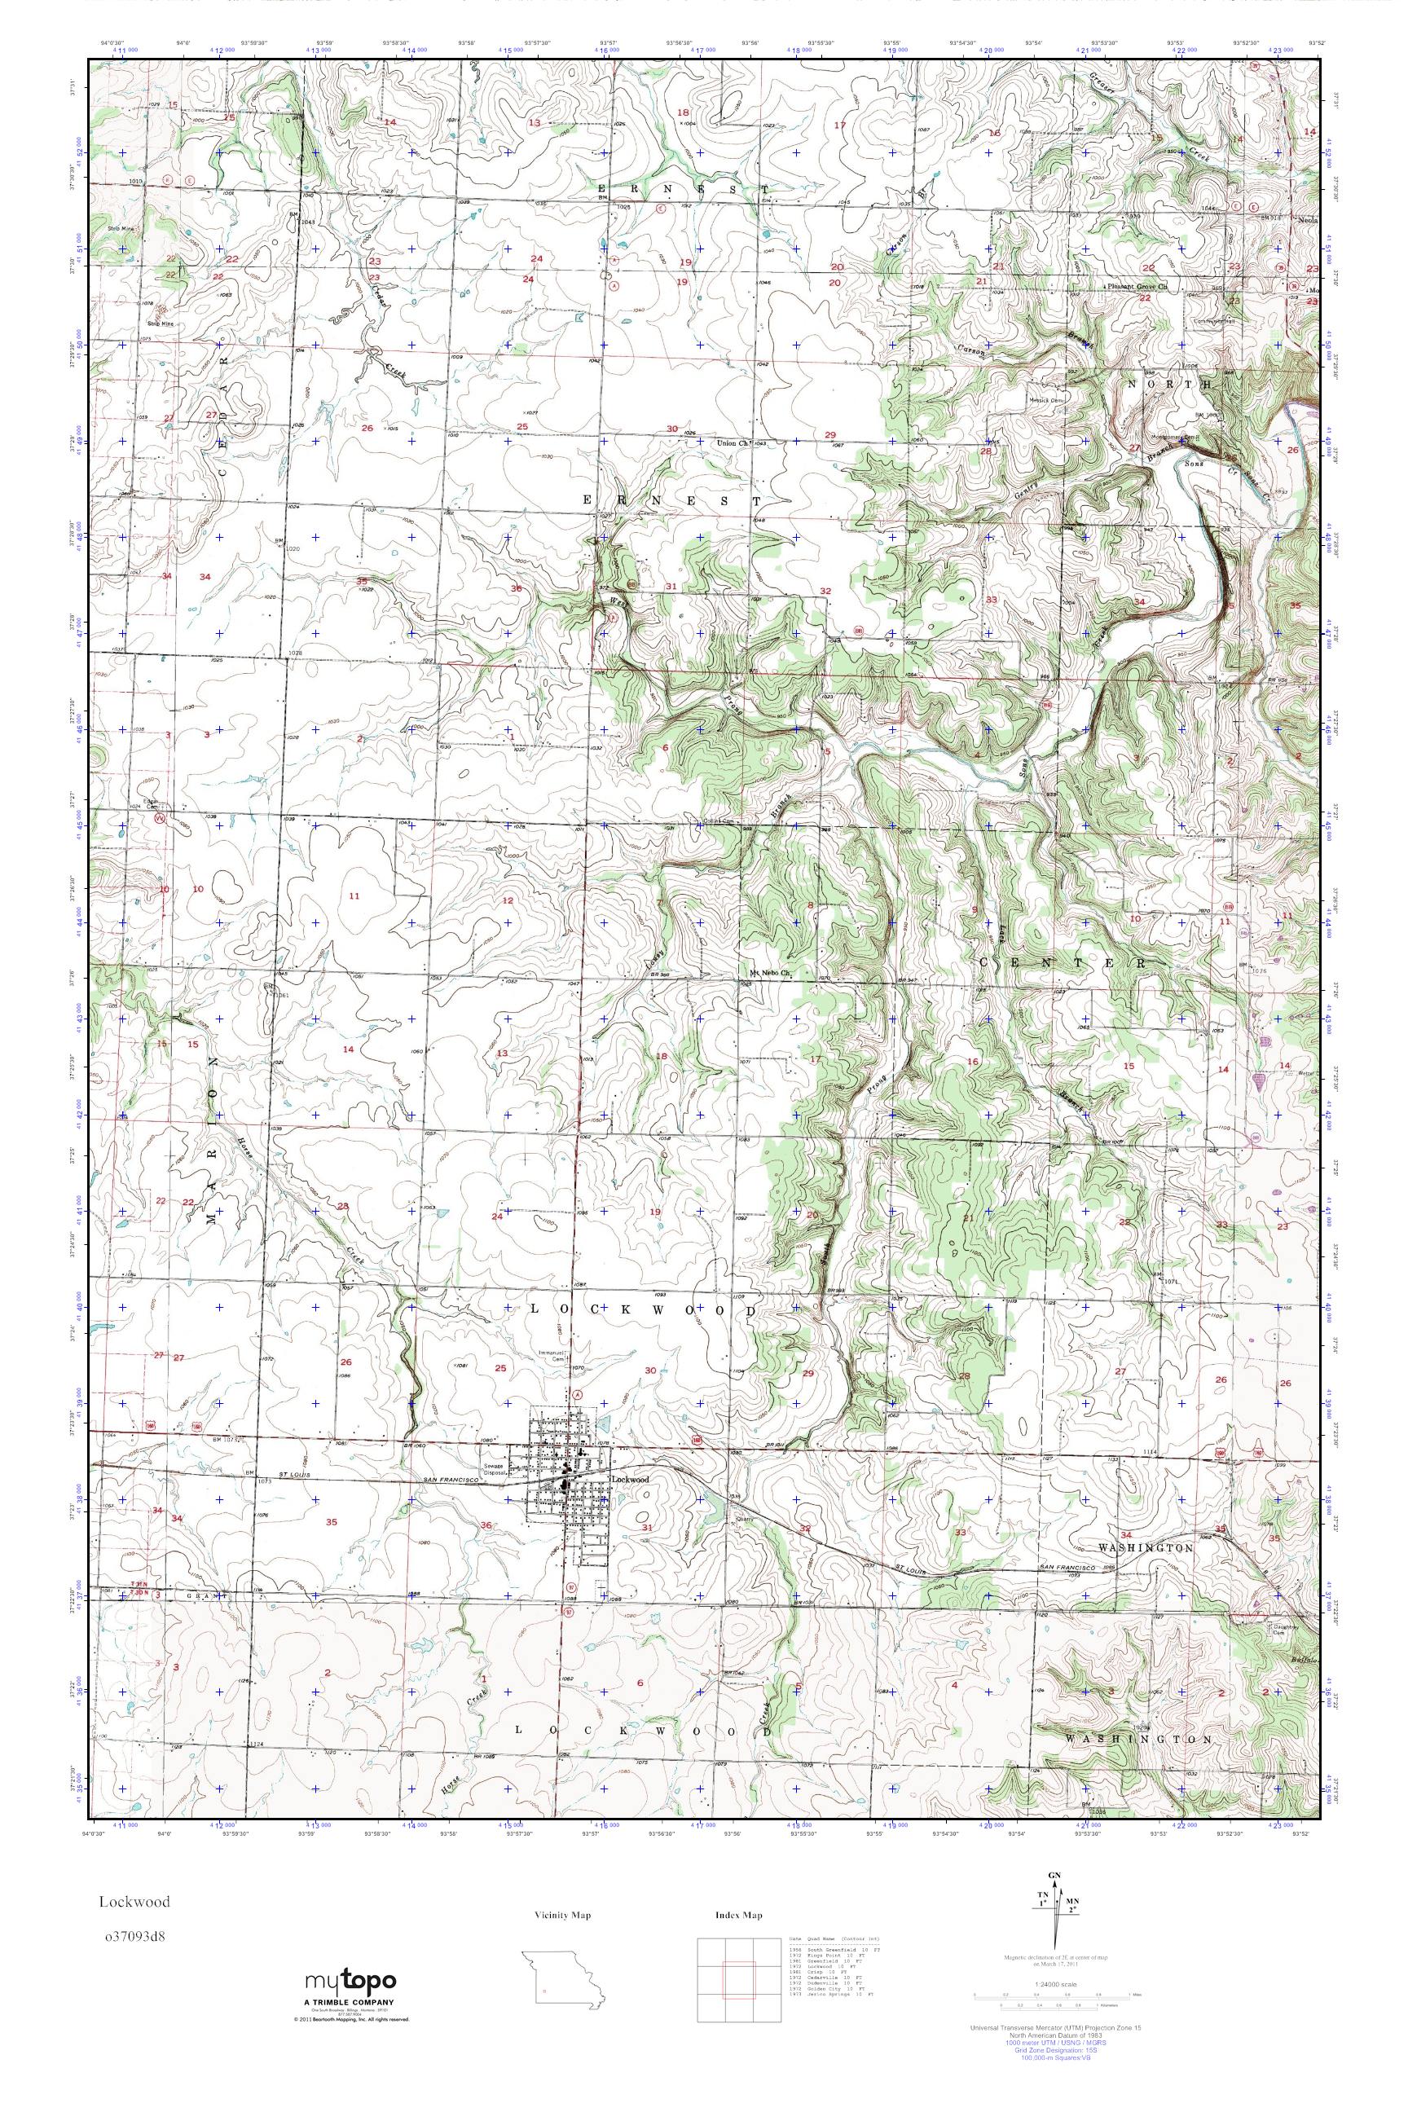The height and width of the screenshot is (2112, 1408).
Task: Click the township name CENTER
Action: click(x=1063, y=962)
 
